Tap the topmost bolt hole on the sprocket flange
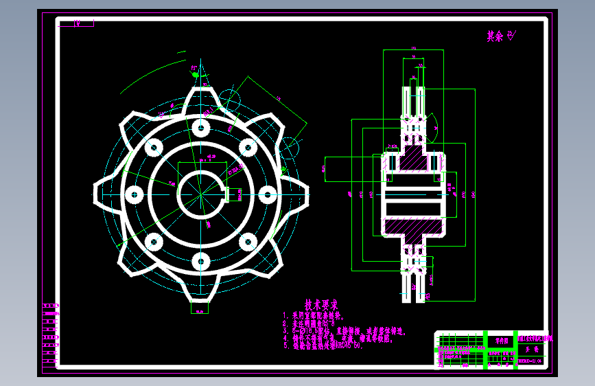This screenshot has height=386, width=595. coord(200,128)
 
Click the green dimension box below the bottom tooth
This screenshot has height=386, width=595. coord(200,308)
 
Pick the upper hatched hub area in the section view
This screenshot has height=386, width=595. coord(411,163)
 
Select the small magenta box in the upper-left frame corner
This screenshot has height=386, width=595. coord(75,23)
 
